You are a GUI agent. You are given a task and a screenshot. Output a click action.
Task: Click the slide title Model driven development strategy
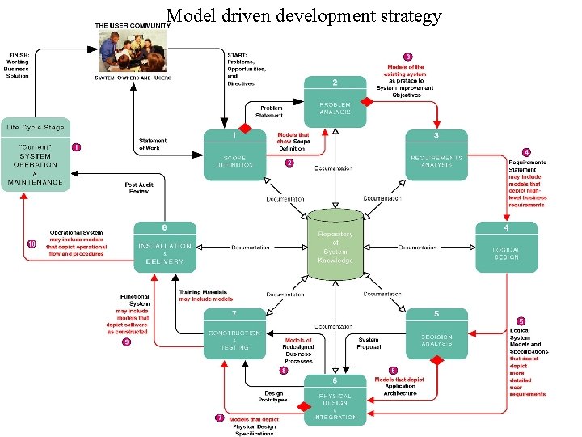tap(304, 15)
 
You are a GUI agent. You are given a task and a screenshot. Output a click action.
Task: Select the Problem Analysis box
tap(335, 102)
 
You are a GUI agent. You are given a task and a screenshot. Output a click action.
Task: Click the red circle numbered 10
tap(32, 244)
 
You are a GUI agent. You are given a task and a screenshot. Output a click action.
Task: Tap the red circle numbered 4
tap(526, 152)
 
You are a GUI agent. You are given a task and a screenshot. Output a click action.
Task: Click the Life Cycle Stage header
tap(36, 127)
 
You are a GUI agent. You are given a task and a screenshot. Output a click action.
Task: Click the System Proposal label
tap(368, 343)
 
